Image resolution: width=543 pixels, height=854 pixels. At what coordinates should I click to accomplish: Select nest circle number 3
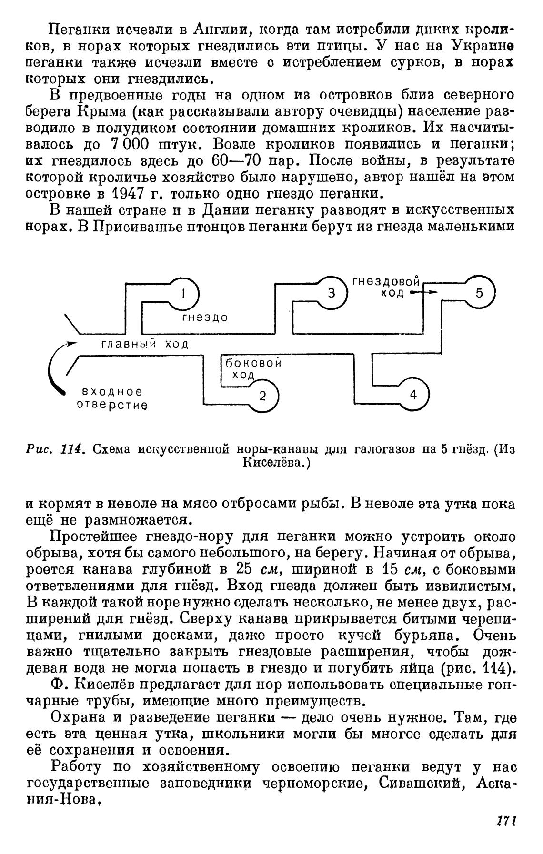click(332, 293)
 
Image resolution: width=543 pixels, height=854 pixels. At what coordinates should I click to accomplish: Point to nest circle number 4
click(413, 395)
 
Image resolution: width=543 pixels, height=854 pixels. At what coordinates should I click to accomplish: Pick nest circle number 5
click(479, 293)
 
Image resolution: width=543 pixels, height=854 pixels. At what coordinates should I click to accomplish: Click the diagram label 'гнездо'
click(205, 318)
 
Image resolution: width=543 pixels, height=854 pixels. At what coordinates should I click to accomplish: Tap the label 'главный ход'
click(144, 344)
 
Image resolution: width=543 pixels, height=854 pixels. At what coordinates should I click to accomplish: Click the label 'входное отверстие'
click(112, 399)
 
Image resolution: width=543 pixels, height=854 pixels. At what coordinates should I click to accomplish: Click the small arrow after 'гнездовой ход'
click(423, 293)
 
